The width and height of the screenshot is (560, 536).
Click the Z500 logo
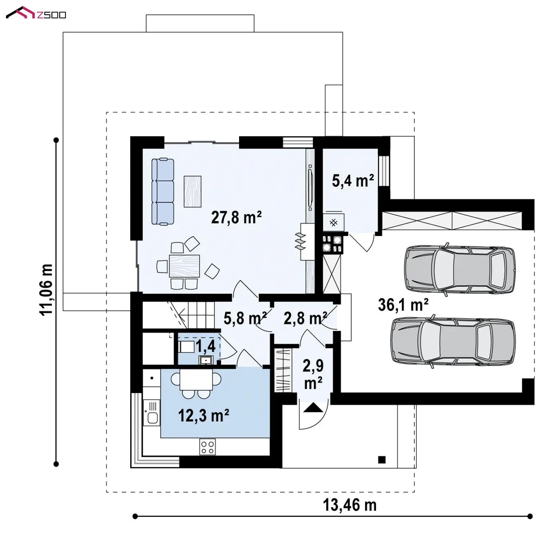tap(36, 13)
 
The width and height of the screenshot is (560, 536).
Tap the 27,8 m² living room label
tap(236, 218)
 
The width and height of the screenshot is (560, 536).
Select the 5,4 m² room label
tap(353, 181)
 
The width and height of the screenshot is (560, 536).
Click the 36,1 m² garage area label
tap(403, 305)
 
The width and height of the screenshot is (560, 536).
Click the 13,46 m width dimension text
tap(349, 505)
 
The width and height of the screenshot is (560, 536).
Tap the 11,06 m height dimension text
tap(46, 290)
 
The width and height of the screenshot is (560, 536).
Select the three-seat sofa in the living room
tap(163, 191)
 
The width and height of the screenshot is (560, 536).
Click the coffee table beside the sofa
tap(192, 191)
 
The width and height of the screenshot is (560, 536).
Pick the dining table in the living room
tap(184, 266)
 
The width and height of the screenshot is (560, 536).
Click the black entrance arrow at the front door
tap(313, 407)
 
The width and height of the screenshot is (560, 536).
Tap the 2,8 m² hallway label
tap(305, 318)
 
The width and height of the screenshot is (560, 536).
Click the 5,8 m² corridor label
tap(245, 318)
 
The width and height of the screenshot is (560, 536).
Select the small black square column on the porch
tap(382, 460)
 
